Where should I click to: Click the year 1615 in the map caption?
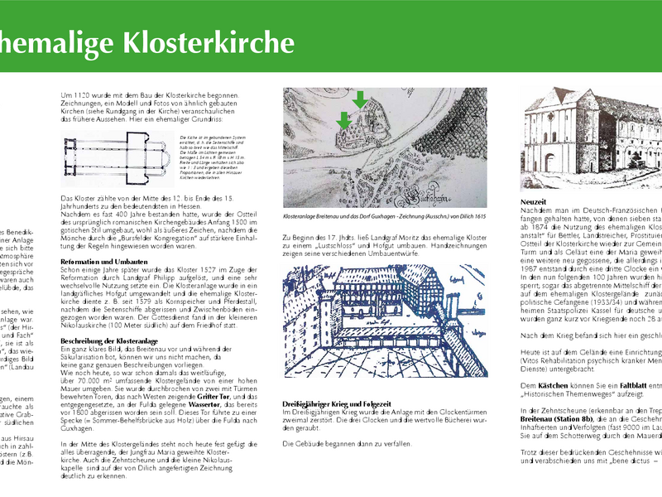(x=476, y=216)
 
